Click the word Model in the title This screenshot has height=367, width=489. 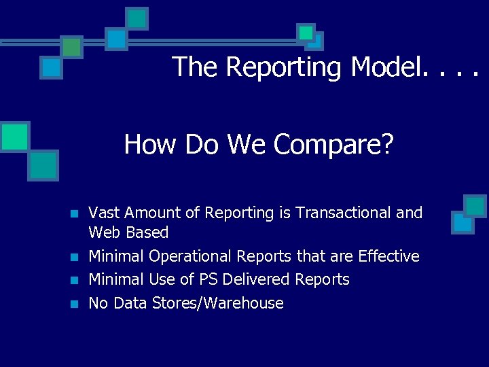click(384, 67)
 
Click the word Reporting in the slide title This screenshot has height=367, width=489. click(285, 67)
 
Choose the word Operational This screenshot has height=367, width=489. click(190, 256)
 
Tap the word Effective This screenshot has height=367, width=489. click(388, 256)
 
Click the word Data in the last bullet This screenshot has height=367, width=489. click(130, 303)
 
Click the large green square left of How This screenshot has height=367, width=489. click(15, 136)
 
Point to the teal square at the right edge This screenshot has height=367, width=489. click(475, 206)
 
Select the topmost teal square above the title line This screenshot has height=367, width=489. click(137, 18)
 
